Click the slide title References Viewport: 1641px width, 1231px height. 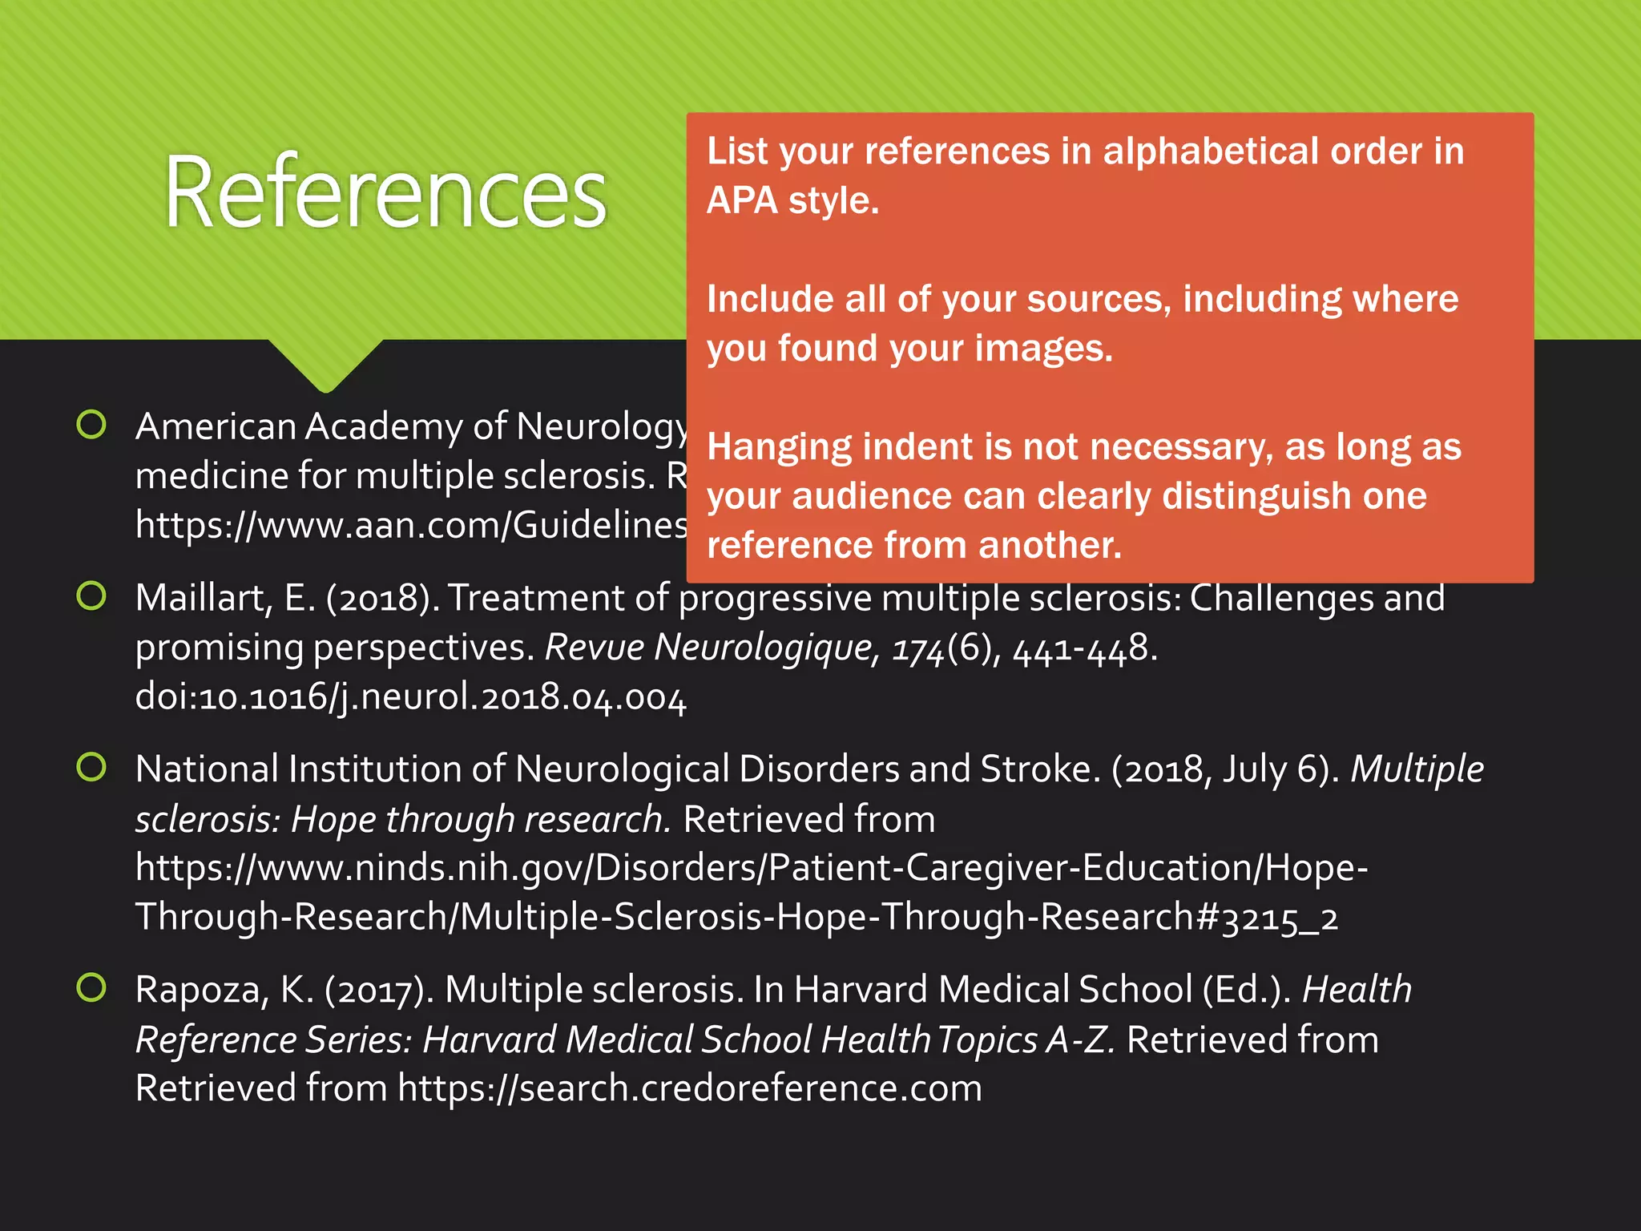(385, 192)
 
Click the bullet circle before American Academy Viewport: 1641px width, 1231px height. (91, 425)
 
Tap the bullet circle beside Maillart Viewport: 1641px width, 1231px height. (91, 595)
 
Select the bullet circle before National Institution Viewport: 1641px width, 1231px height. (91, 767)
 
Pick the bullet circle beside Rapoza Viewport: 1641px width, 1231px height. (91, 987)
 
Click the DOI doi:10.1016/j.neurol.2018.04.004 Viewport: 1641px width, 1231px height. (410, 697)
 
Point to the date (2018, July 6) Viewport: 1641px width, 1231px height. (1225, 769)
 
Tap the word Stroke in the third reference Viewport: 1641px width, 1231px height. (1035, 769)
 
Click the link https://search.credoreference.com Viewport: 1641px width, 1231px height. (689, 1088)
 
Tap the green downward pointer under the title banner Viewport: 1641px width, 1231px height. (325, 365)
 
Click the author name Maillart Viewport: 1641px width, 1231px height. (204, 598)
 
